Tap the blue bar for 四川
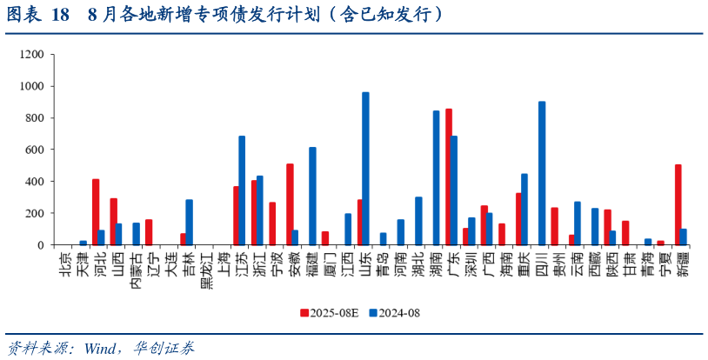point(542,173)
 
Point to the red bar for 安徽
point(290,203)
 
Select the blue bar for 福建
point(312,196)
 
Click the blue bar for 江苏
point(242,190)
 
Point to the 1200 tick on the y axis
point(32,54)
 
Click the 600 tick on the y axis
point(35,150)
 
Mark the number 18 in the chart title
point(60,15)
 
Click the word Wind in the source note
point(103,348)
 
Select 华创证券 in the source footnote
point(164,348)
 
